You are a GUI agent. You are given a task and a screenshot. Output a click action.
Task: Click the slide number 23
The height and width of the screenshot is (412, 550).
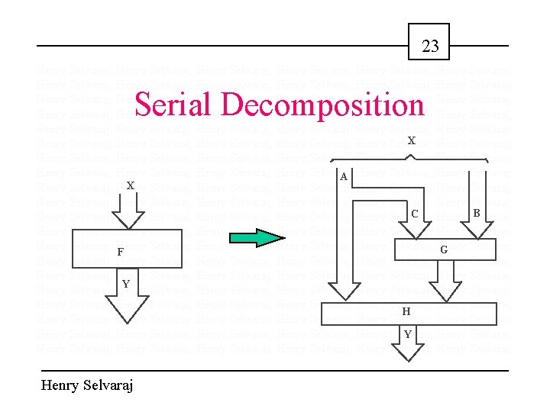tap(430, 47)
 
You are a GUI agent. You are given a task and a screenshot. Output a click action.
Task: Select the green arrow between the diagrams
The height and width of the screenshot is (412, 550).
tap(257, 237)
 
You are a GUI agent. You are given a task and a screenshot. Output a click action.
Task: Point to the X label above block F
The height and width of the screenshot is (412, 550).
tap(131, 185)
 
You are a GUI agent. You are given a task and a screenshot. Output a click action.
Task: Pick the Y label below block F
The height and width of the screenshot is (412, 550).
tap(127, 285)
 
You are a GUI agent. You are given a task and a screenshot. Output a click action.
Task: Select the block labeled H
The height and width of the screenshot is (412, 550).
tap(407, 311)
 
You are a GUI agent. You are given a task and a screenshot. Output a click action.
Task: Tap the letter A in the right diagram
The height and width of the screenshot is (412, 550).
tap(344, 177)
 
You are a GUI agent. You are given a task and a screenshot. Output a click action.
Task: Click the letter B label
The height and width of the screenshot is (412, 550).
tap(476, 214)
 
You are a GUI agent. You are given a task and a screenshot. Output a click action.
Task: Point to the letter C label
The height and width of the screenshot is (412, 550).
tap(414, 214)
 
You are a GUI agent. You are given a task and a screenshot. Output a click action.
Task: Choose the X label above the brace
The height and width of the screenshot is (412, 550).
tap(411, 141)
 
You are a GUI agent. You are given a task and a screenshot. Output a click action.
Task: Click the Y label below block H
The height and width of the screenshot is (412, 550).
tap(408, 333)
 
